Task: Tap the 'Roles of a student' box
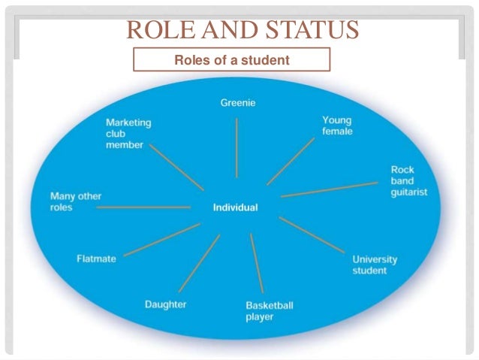231,59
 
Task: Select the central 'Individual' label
235,207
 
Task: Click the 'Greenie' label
238,103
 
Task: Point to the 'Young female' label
337,125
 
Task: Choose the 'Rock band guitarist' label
408,180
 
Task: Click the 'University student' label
375,265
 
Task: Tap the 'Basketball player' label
269,310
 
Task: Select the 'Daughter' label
165,304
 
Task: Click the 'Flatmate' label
96,259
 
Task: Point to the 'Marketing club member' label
128,133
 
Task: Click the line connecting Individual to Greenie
236,151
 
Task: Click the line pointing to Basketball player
256,263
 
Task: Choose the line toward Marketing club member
176,166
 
